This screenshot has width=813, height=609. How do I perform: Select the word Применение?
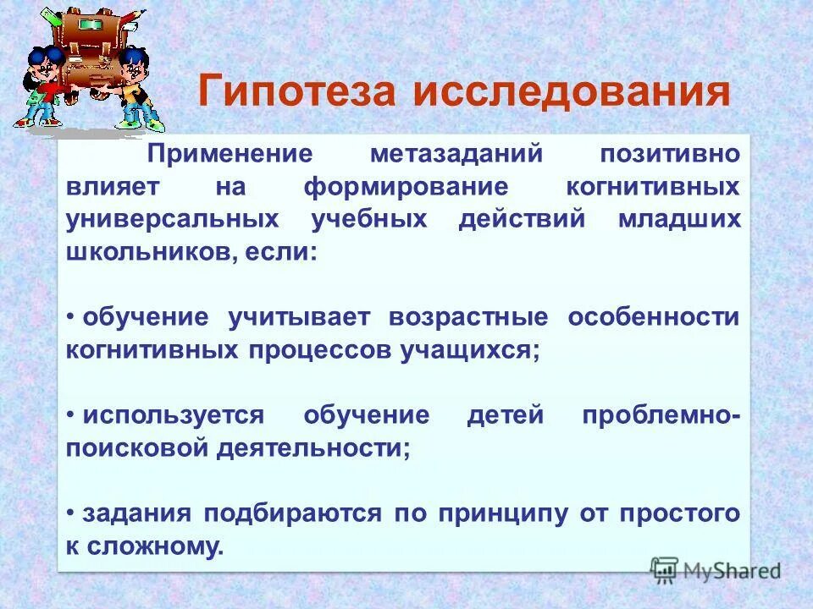coord(230,155)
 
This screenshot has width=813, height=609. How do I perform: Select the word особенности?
coord(654,317)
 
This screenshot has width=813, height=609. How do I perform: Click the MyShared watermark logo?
coord(716,569)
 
